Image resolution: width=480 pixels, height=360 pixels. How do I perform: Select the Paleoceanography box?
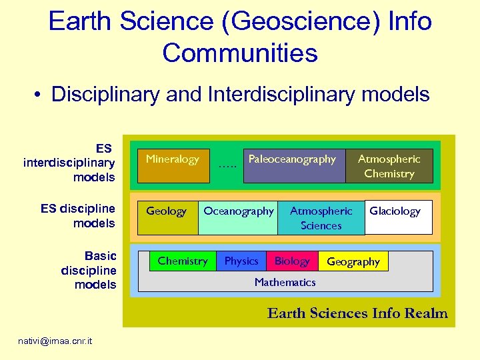[x=293, y=165]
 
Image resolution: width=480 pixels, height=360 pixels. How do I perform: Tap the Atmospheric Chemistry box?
[x=389, y=166]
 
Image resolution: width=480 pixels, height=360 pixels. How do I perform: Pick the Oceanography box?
[x=238, y=217]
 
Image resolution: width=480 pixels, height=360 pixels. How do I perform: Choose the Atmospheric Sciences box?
[x=321, y=218]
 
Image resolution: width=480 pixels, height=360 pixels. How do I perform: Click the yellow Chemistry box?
[x=182, y=261]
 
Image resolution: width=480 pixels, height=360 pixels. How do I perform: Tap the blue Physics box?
[x=241, y=261]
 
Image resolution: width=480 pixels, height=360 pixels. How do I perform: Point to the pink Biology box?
[x=292, y=261]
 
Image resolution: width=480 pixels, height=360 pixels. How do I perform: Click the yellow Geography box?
[x=353, y=261]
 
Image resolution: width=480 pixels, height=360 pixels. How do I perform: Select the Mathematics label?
[x=285, y=282]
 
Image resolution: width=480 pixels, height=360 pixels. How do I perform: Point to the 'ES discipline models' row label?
[x=78, y=215]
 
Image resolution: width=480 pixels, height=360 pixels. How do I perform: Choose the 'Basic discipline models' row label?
[x=89, y=270]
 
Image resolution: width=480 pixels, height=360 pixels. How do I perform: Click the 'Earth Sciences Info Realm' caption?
[x=357, y=313]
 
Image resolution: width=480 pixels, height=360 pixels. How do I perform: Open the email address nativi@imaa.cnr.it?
[x=55, y=341]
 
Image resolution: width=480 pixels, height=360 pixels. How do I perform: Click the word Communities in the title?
[x=240, y=53]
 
